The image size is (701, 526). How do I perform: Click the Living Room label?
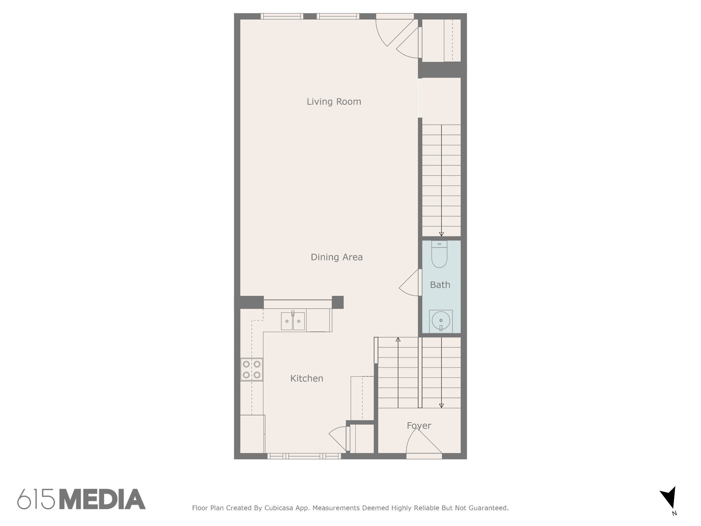[334, 102]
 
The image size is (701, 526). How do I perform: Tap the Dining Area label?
[336, 257]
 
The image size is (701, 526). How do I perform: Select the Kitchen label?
[307, 378]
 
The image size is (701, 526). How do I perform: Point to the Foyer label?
[419, 426]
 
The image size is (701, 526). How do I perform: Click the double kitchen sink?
[293, 321]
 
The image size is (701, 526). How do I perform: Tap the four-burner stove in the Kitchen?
[252, 370]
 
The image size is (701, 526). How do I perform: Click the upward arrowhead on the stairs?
[398, 339]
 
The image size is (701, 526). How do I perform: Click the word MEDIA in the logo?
[102, 499]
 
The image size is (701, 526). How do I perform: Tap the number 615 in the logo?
[36, 499]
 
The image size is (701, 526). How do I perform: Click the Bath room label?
[440, 285]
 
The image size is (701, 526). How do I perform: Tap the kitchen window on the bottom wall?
[304, 456]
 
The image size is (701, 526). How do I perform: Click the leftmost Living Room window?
[282, 16]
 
